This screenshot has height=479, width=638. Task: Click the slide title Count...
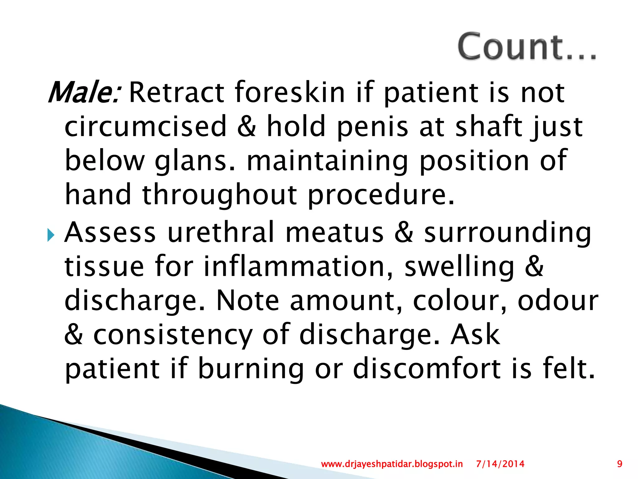(526, 47)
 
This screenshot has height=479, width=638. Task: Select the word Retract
(176, 92)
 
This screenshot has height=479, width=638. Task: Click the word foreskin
(290, 92)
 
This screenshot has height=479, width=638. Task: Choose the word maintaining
(327, 161)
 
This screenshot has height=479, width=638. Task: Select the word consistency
(173, 335)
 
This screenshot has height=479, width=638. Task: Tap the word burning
(251, 370)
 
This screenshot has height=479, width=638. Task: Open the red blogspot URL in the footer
(392, 464)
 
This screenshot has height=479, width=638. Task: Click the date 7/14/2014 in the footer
(500, 464)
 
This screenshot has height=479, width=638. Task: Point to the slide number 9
(620, 464)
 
